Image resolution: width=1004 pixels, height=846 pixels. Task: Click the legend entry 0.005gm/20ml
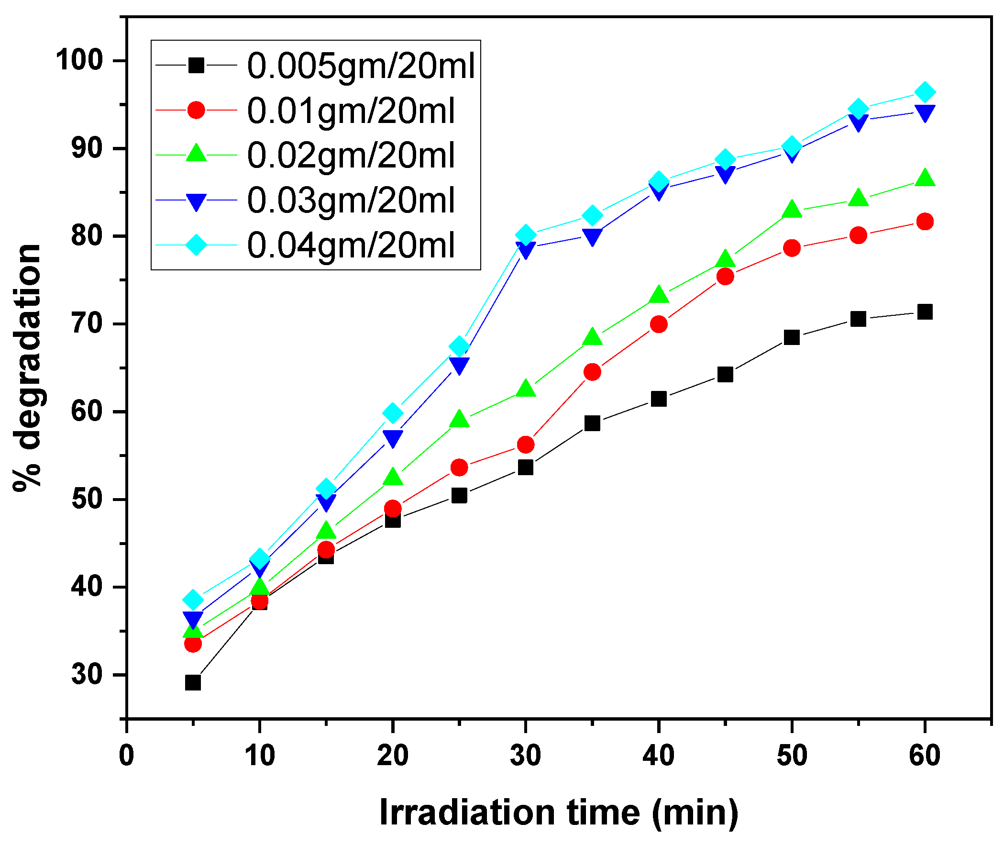[x=361, y=66]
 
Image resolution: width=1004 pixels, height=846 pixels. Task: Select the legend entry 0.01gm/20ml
[x=351, y=111]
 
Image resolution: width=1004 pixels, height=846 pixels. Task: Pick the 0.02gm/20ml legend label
[x=351, y=156]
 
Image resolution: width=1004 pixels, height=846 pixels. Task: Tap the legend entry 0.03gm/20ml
[x=351, y=200]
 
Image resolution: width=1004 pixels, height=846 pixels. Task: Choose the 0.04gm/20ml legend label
[x=351, y=245]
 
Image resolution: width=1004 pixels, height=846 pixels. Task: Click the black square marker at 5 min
[x=193, y=682]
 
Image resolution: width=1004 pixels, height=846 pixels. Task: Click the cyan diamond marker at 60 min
[x=925, y=92]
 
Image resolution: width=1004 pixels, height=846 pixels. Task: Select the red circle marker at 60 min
[x=925, y=222]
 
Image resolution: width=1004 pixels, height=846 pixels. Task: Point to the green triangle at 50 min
[x=792, y=210]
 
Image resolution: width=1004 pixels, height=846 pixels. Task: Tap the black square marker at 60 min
[x=925, y=312]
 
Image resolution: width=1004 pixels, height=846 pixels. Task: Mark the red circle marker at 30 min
[x=526, y=445]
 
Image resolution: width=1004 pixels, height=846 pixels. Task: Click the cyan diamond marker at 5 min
[x=193, y=600]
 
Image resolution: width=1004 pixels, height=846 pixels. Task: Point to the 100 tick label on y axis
[x=79, y=60]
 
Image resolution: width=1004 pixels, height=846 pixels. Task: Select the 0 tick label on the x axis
[x=127, y=756]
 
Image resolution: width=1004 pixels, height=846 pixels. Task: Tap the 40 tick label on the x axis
[x=658, y=756]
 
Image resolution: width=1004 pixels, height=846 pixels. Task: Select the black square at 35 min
[x=592, y=423]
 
